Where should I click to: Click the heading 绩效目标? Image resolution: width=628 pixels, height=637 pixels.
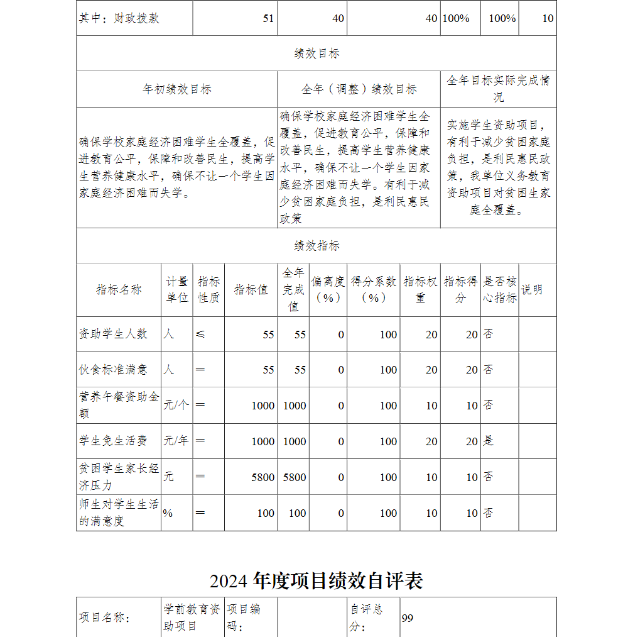pos(317,53)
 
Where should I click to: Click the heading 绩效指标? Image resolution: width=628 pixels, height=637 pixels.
pos(317,246)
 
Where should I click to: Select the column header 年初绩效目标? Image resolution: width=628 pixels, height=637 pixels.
pos(176,89)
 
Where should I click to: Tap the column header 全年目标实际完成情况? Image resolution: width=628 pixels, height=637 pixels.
pos(498,89)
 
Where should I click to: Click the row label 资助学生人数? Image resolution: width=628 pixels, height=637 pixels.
pos(113,334)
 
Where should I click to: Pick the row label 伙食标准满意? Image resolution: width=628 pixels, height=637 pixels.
pos(113,370)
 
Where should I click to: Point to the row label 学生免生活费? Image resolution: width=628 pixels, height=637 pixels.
pos(113,441)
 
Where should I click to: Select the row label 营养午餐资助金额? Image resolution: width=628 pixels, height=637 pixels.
pos(119,406)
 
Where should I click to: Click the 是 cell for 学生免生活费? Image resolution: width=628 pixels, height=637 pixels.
pos(488,441)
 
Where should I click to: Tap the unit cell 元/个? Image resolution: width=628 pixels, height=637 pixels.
pos(176,406)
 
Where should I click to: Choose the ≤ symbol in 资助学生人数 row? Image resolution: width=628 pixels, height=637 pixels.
pos(200,334)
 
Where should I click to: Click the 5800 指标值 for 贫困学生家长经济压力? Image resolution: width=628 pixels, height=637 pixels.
pos(263,477)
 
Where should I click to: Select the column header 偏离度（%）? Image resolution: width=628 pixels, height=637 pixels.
pos(328,290)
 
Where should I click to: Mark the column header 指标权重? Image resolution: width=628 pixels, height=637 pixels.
pos(420,290)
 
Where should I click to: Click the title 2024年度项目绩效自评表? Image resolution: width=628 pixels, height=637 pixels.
pos(317,580)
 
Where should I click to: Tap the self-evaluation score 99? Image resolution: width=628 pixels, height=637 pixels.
pos(408,618)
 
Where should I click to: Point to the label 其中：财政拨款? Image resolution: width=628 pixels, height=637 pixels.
pos(119,18)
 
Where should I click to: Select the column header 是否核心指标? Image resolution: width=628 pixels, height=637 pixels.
pos(499,290)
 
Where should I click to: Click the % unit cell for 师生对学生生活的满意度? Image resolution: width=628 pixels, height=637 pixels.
pos(168,513)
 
